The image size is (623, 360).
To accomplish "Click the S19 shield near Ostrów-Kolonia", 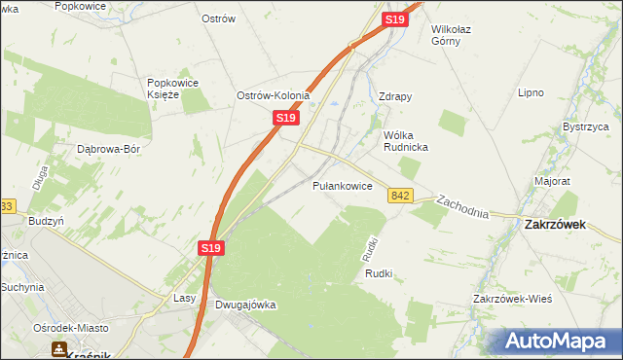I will pyautogui.click(x=284, y=118).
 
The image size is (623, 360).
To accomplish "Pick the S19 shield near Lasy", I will pyautogui.click(x=213, y=248).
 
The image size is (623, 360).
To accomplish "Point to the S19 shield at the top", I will pyautogui.click(x=394, y=19).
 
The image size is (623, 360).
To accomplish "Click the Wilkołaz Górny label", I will pyautogui.click(x=458, y=35).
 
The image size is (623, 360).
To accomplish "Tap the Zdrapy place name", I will pyautogui.click(x=395, y=97).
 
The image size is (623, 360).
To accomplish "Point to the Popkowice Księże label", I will pyautogui.click(x=173, y=89).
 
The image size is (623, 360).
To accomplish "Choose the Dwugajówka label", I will pyautogui.click(x=245, y=305).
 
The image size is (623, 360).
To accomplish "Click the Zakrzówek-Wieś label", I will pyautogui.click(x=512, y=298).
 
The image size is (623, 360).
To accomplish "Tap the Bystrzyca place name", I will pyautogui.click(x=585, y=127).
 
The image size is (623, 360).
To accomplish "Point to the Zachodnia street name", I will pyautogui.click(x=462, y=206).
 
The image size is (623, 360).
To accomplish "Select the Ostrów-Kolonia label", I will pyautogui.click(x=274, y=96).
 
